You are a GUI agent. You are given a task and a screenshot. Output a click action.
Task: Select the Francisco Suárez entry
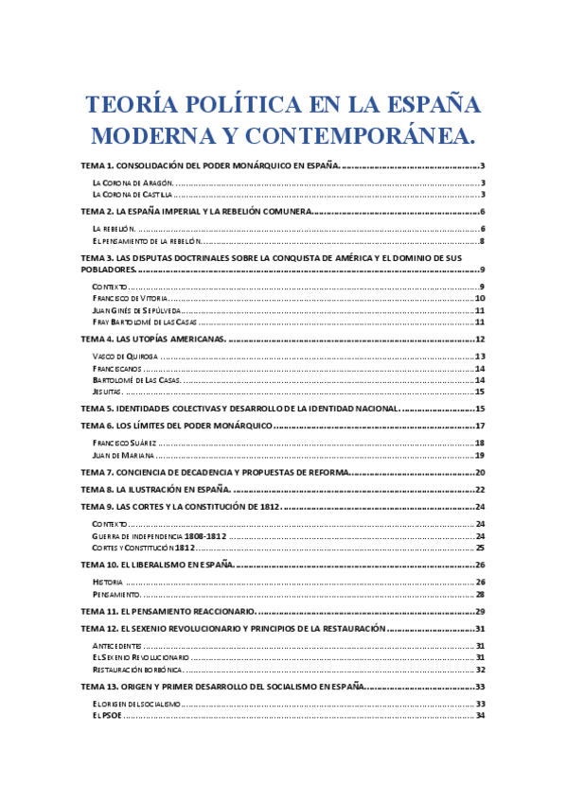(124, 443)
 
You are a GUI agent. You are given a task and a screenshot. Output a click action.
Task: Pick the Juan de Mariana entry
(123, 455)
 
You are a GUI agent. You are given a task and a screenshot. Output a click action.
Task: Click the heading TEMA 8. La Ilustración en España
(156, 489)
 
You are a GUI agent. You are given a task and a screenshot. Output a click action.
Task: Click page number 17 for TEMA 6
(480, 426)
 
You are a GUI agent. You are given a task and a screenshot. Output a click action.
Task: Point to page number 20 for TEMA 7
(480, 472)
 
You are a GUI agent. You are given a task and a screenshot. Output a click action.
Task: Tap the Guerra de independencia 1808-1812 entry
(159, 535)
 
